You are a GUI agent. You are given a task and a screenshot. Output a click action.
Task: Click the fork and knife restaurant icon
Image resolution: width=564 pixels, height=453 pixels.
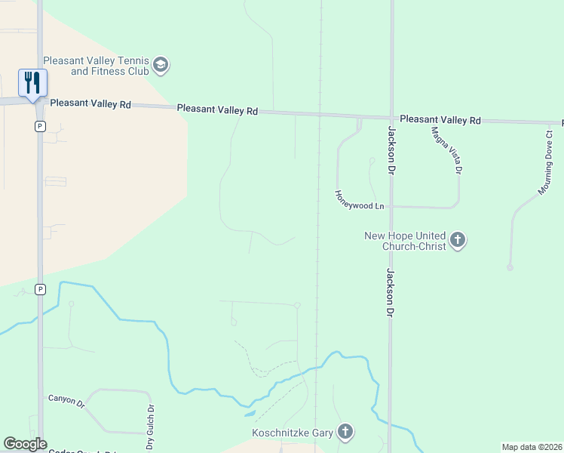[32, 82]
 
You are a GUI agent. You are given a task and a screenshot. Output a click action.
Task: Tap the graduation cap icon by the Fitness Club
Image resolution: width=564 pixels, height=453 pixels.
[160, 65]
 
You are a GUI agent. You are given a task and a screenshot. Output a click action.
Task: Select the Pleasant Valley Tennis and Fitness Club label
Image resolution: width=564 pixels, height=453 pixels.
[96, 66]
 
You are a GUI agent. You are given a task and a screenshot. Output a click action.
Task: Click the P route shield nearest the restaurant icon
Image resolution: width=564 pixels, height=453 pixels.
[40, 126]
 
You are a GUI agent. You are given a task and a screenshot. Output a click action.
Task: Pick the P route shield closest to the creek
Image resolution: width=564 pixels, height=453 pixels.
[40, 289]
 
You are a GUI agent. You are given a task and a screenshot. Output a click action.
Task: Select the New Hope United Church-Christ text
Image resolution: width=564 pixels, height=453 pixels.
[405, 241]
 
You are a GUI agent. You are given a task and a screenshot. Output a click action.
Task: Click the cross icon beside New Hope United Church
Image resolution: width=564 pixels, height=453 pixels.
[457, 241]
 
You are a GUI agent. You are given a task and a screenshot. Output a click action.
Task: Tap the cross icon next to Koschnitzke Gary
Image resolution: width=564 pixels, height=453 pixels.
[345, 432]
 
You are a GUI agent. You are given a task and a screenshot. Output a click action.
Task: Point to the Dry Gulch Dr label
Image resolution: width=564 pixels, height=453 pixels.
[152, 420]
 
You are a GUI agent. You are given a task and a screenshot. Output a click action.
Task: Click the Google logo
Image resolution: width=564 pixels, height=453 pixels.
[25, 444]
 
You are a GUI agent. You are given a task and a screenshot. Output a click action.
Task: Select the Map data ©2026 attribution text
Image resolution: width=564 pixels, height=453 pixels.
[532, 447]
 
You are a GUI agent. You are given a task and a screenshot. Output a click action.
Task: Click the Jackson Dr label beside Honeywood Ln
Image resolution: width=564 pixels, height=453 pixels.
[392, 149]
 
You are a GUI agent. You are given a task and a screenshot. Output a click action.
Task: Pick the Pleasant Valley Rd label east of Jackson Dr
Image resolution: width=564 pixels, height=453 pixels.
[440, 120]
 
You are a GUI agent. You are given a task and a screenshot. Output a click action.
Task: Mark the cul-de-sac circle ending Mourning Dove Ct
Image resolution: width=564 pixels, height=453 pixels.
[510, 267]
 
